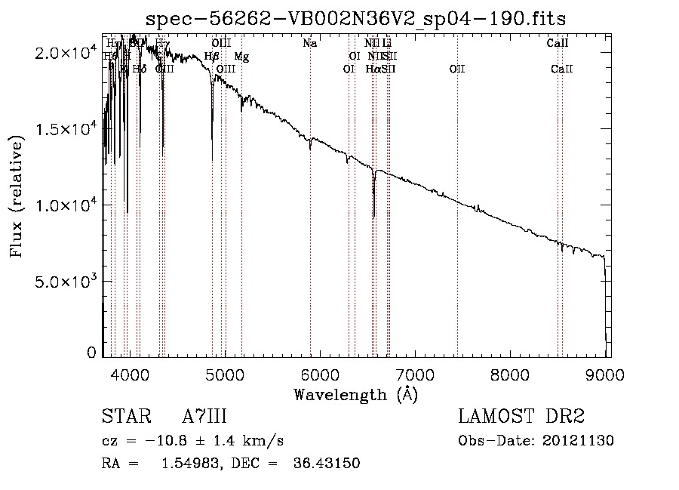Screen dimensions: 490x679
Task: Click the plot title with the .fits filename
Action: point(355,18)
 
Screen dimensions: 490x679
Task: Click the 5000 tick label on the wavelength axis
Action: point(224,374)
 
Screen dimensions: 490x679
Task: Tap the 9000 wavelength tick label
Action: point(604,374)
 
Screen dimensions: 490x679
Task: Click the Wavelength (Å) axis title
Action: point(355,394)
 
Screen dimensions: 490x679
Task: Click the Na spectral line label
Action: point(309,44)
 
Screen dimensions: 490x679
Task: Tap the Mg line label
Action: point(241,57)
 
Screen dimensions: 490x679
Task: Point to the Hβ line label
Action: point(212,57)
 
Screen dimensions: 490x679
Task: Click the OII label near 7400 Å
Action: point(457,69)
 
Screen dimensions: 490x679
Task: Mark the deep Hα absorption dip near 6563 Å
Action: point(373,215)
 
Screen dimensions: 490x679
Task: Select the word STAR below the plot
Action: point(122,417)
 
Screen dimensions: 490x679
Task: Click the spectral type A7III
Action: point(204,417)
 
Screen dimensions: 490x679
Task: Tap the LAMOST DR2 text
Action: point(521,417)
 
